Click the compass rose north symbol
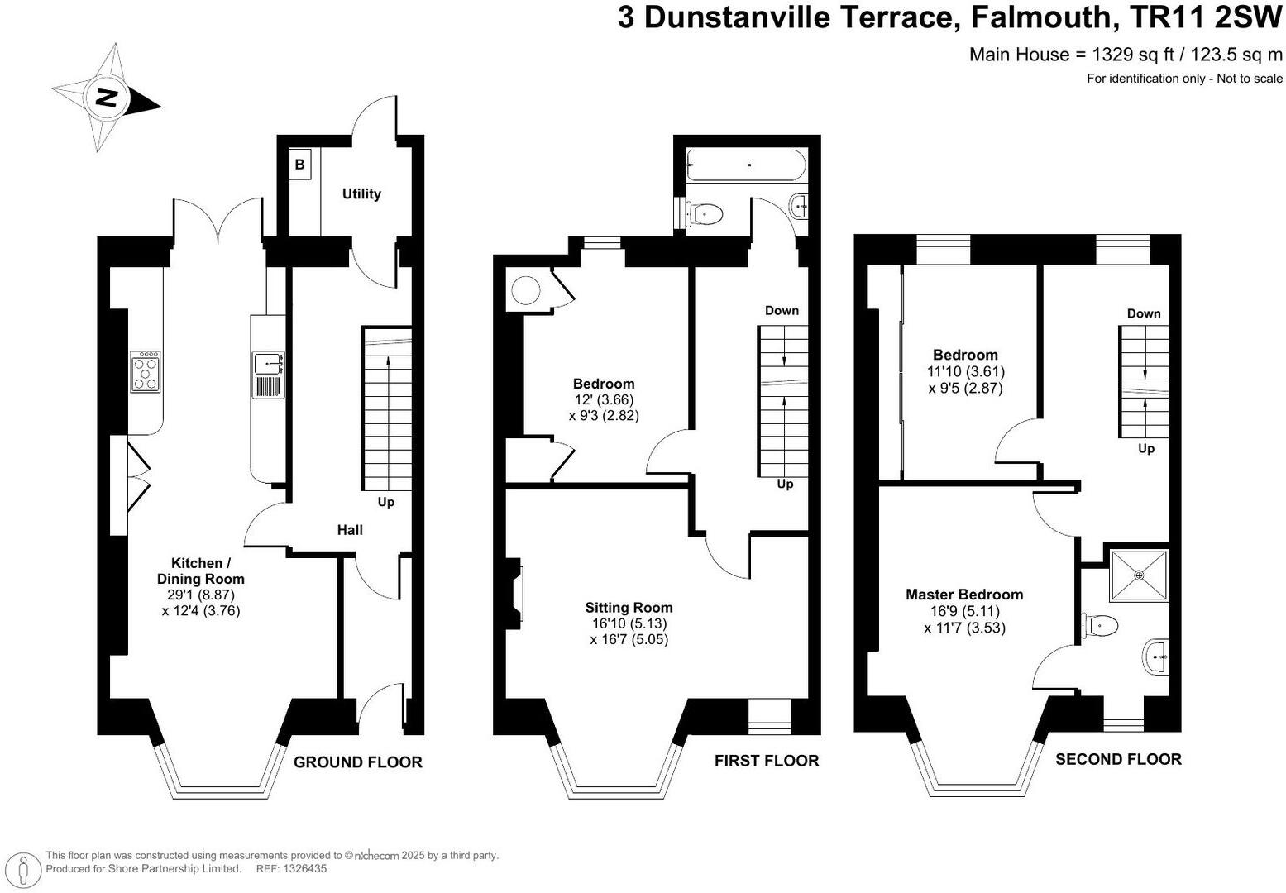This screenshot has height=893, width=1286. [x=106, y=98]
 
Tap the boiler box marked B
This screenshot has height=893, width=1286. [x=299, y=165]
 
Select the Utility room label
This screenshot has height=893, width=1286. [x=361, y=193]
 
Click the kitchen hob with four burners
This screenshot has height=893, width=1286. [x=145, y=371]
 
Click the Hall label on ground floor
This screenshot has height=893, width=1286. [x=350, y=529]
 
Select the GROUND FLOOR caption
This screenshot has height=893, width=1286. [x=357, y=762]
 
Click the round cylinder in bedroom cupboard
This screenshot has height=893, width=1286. [x=525, y=290]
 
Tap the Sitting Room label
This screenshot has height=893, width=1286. [x=629, y=607]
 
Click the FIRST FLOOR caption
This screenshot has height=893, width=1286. [x=766, y=760]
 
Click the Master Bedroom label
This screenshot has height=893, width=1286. [x=963, y=594]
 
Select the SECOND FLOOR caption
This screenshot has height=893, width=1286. [x=1118, y=758]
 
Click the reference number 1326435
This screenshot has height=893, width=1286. [x=304, y=868]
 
